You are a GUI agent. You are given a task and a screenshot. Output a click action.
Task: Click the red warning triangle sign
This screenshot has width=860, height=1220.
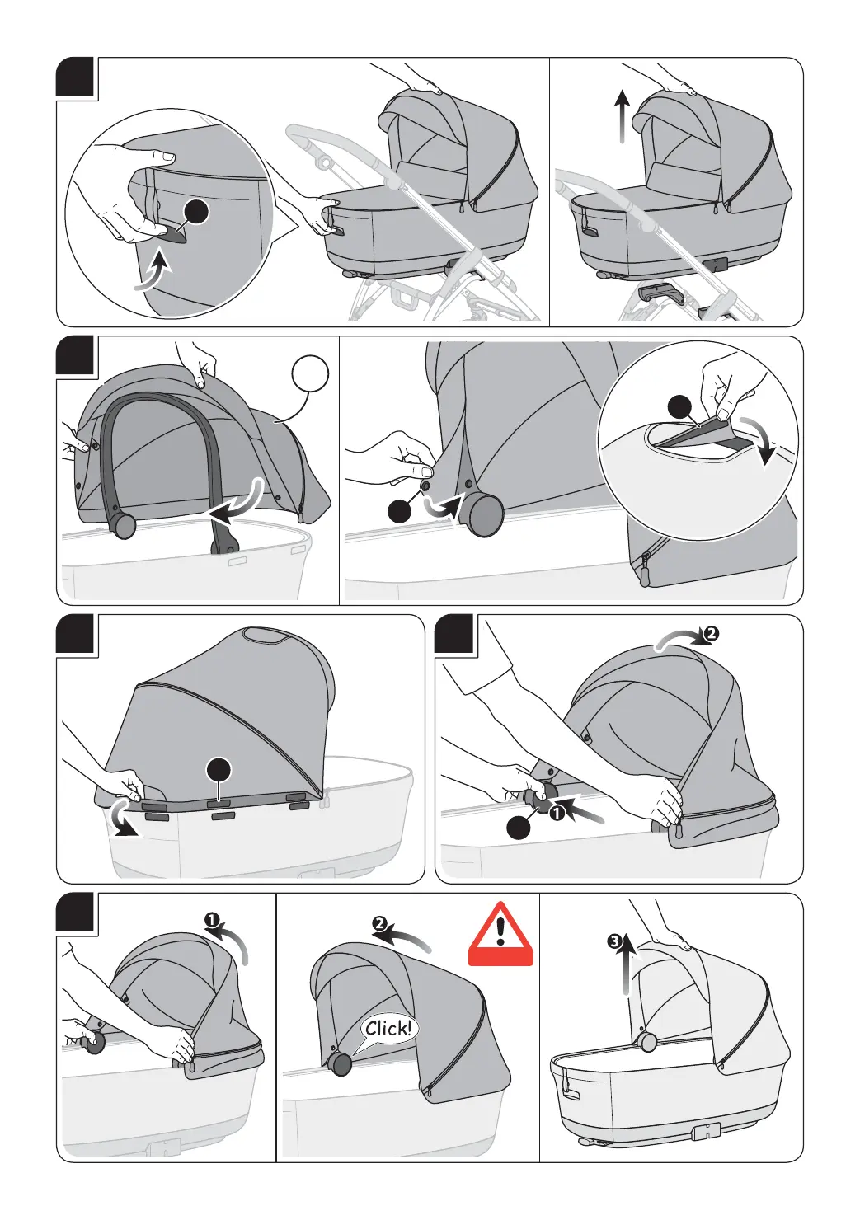pyautogui.click(x=500, y=935)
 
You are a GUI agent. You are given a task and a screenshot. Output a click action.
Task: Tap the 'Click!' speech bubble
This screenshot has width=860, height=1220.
pyautogui.click(x=388, y=1029)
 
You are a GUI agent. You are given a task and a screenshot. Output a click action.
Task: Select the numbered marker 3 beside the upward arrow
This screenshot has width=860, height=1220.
pyautogui.click(x=614, y=941)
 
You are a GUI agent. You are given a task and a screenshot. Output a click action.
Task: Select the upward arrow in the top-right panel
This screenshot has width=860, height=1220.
pyautogui.click(x=623, y=117)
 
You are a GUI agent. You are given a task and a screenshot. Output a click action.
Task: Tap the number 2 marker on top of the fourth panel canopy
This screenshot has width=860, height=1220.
pyautogui.click(x=711, y=633)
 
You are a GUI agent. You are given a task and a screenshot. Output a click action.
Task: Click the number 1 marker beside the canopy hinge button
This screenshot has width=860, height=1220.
pyautogui.click(x=556, y=813)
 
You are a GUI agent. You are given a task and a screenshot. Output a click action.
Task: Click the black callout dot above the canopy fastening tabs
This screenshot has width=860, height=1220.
pyautogui.click(x=219, y=770)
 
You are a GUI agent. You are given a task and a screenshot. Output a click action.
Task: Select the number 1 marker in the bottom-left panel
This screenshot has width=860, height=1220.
pyautogui.click(x=211, y=920)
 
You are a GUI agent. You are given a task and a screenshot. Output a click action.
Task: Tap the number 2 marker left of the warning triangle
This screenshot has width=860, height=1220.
pyautogui.click(x=379, y=924)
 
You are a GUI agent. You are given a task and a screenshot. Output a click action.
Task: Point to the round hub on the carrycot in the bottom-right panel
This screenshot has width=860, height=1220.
pyautogui.click(x=647, y=1041)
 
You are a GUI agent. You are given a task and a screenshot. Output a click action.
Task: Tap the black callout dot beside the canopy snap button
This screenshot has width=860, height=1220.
pyautogui.click(x=400, y=511)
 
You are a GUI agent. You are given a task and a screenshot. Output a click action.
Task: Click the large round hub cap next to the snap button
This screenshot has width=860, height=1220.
pyautogui.click(x=481, y=514)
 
